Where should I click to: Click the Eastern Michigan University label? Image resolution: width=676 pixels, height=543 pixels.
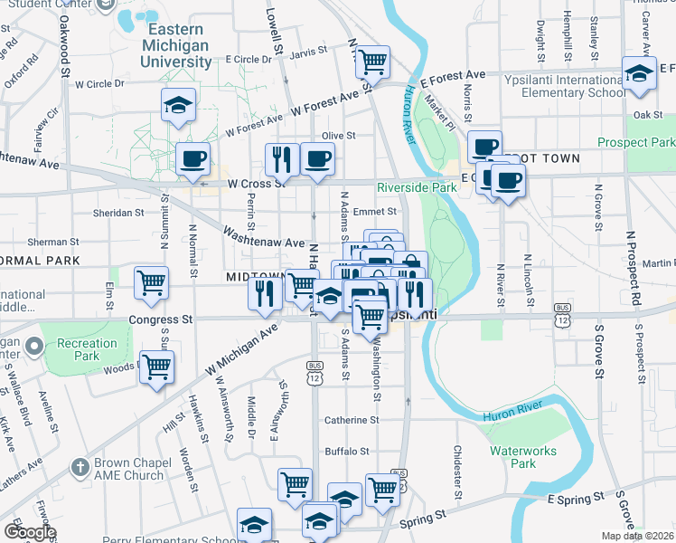[176, 45]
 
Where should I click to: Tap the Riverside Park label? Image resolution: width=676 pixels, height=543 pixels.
[418, 187]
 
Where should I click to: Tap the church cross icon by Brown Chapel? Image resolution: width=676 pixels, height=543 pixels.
[80, 468]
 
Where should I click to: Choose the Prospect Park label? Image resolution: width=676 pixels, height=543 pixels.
[635, 142]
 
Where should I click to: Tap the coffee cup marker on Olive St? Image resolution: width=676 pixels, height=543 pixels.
[317, 158]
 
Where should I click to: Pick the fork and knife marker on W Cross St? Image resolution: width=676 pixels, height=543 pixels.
[282, 158]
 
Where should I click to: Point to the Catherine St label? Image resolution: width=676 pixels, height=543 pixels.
[352, 420]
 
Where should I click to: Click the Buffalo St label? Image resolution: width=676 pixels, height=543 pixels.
[348, 451]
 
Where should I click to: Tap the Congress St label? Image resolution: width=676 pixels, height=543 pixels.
[161, 319]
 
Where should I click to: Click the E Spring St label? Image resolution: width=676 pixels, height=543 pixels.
[575, 499]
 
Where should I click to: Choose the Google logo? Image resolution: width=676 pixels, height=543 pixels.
[30, 532]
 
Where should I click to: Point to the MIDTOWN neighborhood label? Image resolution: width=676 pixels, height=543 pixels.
[255, 276]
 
